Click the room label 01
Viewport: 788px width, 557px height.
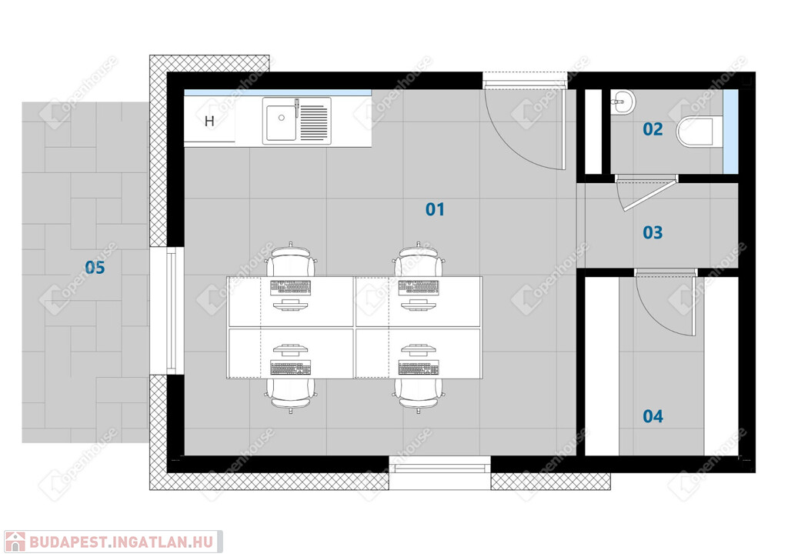pos(435,209)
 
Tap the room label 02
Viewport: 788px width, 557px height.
pos(653,129)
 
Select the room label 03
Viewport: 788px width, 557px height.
pos(653,232)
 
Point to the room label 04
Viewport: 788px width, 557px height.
pos(653,416)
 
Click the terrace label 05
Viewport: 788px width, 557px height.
pos(95,267)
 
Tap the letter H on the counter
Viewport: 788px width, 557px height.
pos(209,121)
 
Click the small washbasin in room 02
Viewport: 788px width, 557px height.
pos(622,103)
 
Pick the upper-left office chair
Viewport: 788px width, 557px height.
pos(291,260)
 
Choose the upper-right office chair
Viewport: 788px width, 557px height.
pos(419,260)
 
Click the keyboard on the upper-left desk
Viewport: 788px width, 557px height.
pos(290,287)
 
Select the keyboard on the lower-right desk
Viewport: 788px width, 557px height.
pos(418,369)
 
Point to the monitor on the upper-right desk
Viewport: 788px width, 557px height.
pos(418,305)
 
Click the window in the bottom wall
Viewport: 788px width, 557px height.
pos(439,468)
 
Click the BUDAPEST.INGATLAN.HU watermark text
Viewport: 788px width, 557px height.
pos(121,542)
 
